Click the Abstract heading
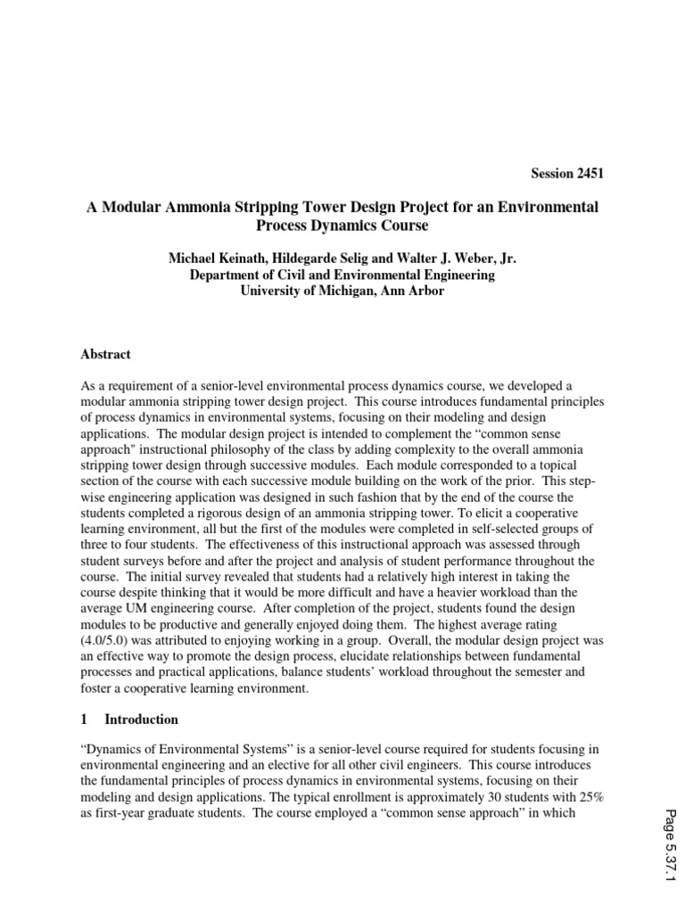(x=105, y=354)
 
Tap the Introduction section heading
(x=141, y=720)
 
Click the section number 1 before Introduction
(x=84, y=720)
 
